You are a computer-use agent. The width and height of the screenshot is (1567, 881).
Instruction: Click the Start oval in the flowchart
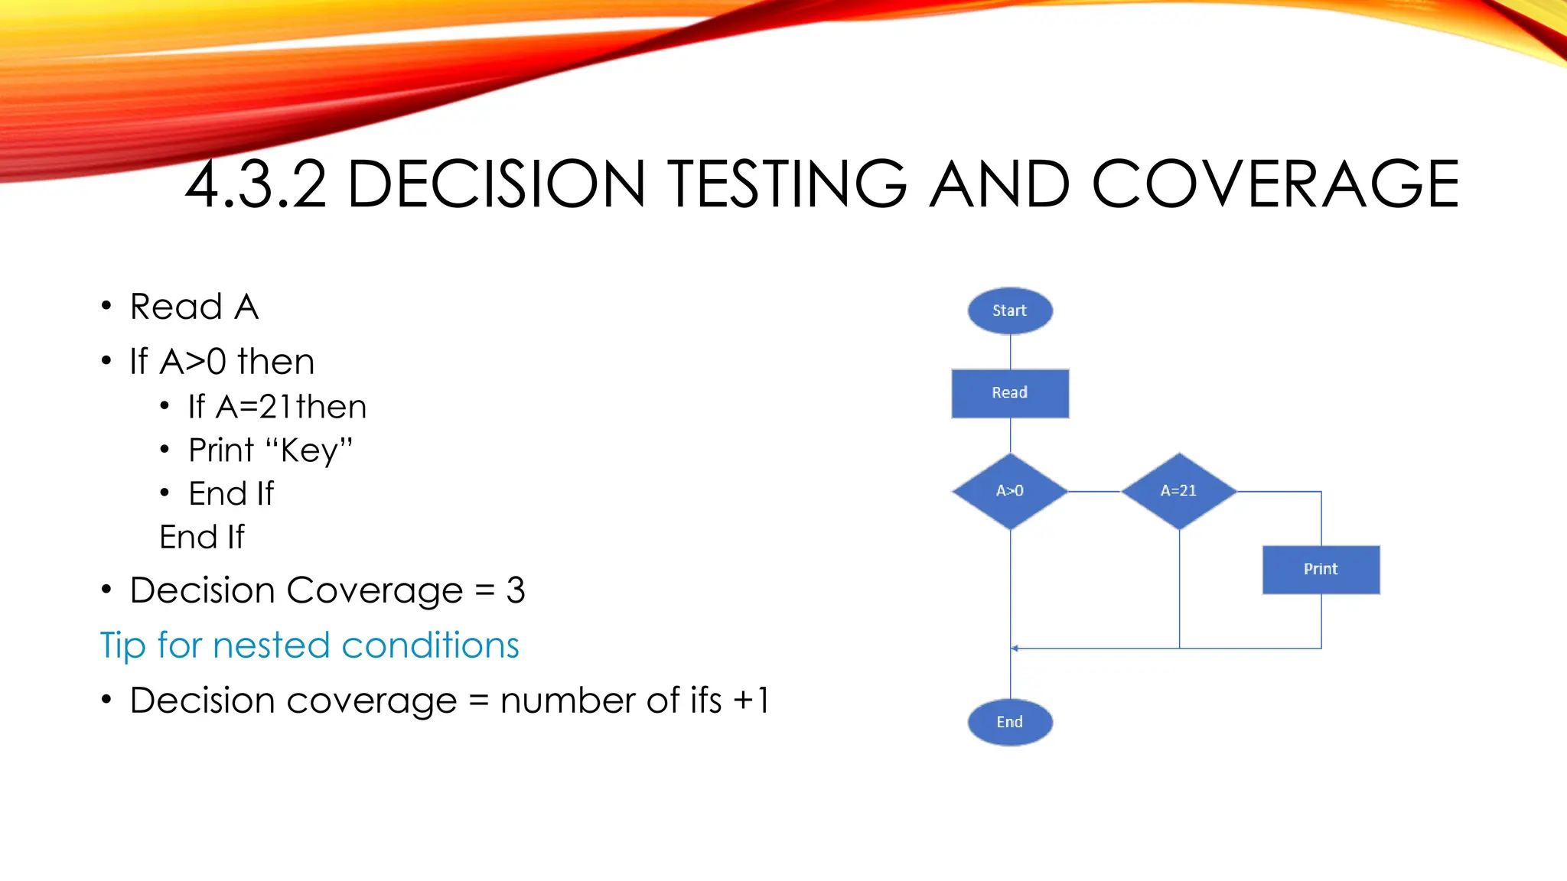click(x=1009, y=310)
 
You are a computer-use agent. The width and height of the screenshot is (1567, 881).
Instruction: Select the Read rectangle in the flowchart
click(x=1009, y=393)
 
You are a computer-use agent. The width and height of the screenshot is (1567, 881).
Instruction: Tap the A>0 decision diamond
click(x=1009, y=491)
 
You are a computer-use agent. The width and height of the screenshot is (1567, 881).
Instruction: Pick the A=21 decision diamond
click(x=1178, y=491)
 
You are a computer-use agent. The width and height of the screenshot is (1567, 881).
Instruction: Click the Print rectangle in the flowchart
click(x=1321, y=569)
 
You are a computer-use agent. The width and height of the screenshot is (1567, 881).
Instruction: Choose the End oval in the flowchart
click(x=1009, y=722)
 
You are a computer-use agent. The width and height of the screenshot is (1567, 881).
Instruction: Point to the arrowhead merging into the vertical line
click(x=1015, y=649)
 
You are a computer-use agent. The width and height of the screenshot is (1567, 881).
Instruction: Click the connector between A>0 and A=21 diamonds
click(x=1094, y=492)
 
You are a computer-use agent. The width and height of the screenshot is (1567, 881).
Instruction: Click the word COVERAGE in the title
click(x=1275, y=184)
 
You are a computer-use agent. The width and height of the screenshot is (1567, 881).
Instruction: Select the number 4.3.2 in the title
click(x=256, y=184)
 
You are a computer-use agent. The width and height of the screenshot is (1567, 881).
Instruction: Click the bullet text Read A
click(x=194, y=307)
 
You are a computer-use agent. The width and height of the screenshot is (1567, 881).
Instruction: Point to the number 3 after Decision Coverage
click(x=516, y=590)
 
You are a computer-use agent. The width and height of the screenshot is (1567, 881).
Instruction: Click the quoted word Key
click(x=309, y=450)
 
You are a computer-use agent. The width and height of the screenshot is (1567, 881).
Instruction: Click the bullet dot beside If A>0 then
click(x=106, y=361)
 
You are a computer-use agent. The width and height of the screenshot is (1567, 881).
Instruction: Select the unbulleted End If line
click(x=202, y=537)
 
